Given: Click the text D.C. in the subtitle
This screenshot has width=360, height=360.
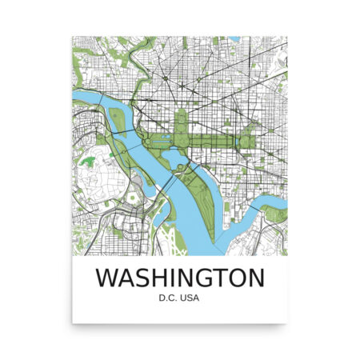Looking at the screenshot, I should pos(170,300).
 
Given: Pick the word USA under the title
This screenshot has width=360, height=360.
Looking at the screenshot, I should pos(190,300).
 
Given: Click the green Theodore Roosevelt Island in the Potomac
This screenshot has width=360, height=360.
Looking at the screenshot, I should pos(119,122).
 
